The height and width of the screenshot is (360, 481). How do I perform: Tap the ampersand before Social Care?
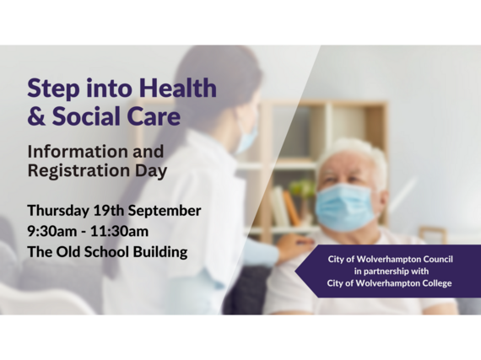[x=36, y=116]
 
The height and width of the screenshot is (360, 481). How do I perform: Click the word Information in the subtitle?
[x=78, y=152]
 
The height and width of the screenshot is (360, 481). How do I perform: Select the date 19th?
[x=109, y=211]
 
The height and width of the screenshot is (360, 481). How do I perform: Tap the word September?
[x=165, y=212]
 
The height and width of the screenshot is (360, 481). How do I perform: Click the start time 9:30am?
[x=52, y=231]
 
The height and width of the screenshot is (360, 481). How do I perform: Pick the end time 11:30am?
[x=119, y=231]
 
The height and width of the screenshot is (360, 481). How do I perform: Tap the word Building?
[x=160, y=252]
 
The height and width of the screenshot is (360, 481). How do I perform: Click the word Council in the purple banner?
[x=438, y=259]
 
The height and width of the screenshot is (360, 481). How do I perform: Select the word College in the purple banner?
[x=437, y=283]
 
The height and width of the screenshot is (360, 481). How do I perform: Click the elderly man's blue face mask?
[x=345, y=207]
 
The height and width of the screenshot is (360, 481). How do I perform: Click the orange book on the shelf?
[x=291, y=207]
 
